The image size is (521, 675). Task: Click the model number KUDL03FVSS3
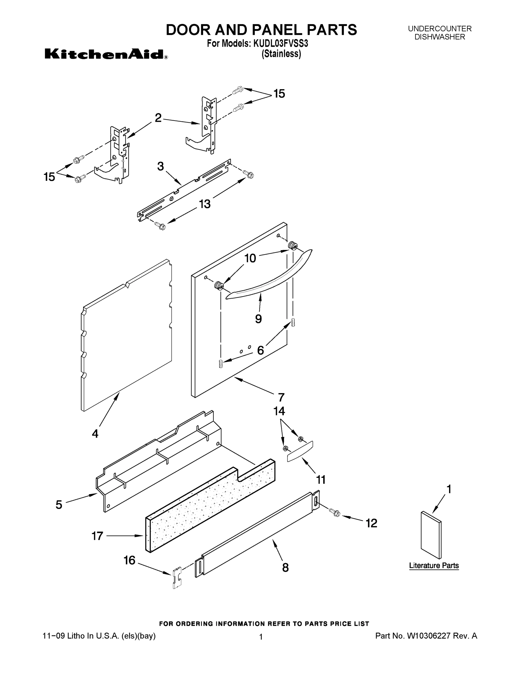click(281, 44)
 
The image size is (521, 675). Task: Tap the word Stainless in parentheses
click(281, 54)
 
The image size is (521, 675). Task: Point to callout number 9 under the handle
click(258, 319)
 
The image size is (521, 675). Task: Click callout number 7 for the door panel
click(281, 397)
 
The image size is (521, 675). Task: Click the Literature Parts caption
click(434, 566)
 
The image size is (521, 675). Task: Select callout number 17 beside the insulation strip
click(97, 536)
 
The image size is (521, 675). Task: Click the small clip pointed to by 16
click(177, 577)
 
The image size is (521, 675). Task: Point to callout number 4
click(95, 434)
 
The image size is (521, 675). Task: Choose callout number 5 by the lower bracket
click(59, 505)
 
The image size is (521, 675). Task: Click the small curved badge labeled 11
click(300, 451)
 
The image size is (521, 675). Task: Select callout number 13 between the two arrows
click(205, 204)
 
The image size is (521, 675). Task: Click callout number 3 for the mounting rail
click(160, 166)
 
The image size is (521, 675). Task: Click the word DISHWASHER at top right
click(440, 37)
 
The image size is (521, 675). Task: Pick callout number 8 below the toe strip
click(286, 568)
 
